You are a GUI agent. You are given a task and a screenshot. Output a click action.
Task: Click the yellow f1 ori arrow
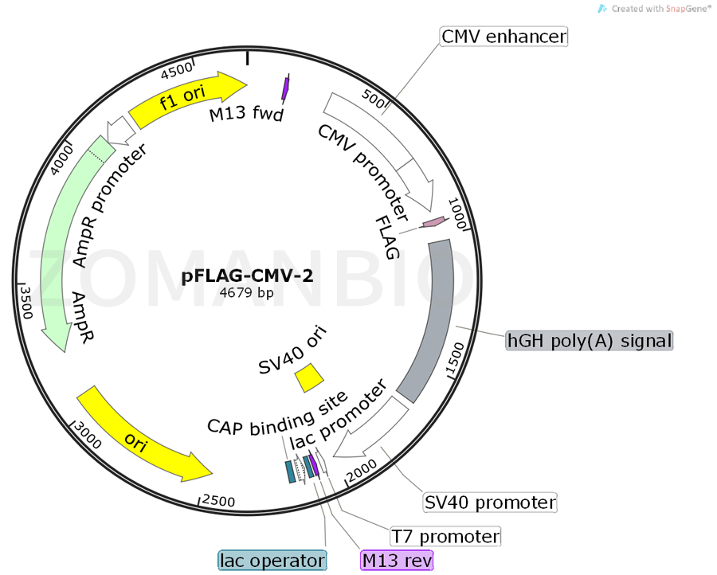[188, 100]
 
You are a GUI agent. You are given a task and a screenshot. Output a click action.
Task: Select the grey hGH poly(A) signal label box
[590, 341]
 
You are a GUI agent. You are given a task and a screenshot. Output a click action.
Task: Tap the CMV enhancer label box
[503, 37]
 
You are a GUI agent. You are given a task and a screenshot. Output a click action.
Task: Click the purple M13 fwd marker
[286, 87]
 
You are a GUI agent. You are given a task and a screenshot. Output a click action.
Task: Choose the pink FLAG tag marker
[433, 223]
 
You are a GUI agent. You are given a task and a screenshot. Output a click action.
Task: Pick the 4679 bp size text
[247, 293]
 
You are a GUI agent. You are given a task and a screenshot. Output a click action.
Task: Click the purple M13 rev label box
[397, 561]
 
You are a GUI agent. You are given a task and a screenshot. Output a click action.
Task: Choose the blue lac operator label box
[272, 561]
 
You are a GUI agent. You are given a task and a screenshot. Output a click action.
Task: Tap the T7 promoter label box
[445, 536]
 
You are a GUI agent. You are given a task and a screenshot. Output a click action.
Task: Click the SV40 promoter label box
[490, 503]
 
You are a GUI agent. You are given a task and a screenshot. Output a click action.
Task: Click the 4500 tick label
[177, 72]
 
